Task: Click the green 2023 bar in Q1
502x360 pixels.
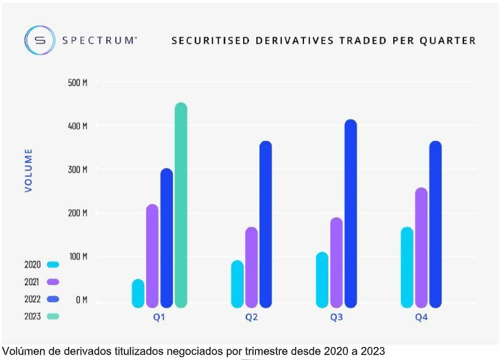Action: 181,205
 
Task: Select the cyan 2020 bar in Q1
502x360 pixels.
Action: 138,293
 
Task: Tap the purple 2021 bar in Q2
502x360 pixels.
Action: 251,267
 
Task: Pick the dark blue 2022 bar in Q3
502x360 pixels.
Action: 351,213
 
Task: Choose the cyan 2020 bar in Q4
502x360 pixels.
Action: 407,267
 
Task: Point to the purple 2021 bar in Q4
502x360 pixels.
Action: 421,247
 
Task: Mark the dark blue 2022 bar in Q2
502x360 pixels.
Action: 265,224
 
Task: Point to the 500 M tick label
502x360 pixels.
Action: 77,83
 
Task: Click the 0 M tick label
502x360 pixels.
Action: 81,300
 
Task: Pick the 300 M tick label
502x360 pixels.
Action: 77,170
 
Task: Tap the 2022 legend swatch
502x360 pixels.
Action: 54,299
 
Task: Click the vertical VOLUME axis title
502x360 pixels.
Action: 29,170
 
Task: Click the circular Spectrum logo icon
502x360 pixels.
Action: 39,40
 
